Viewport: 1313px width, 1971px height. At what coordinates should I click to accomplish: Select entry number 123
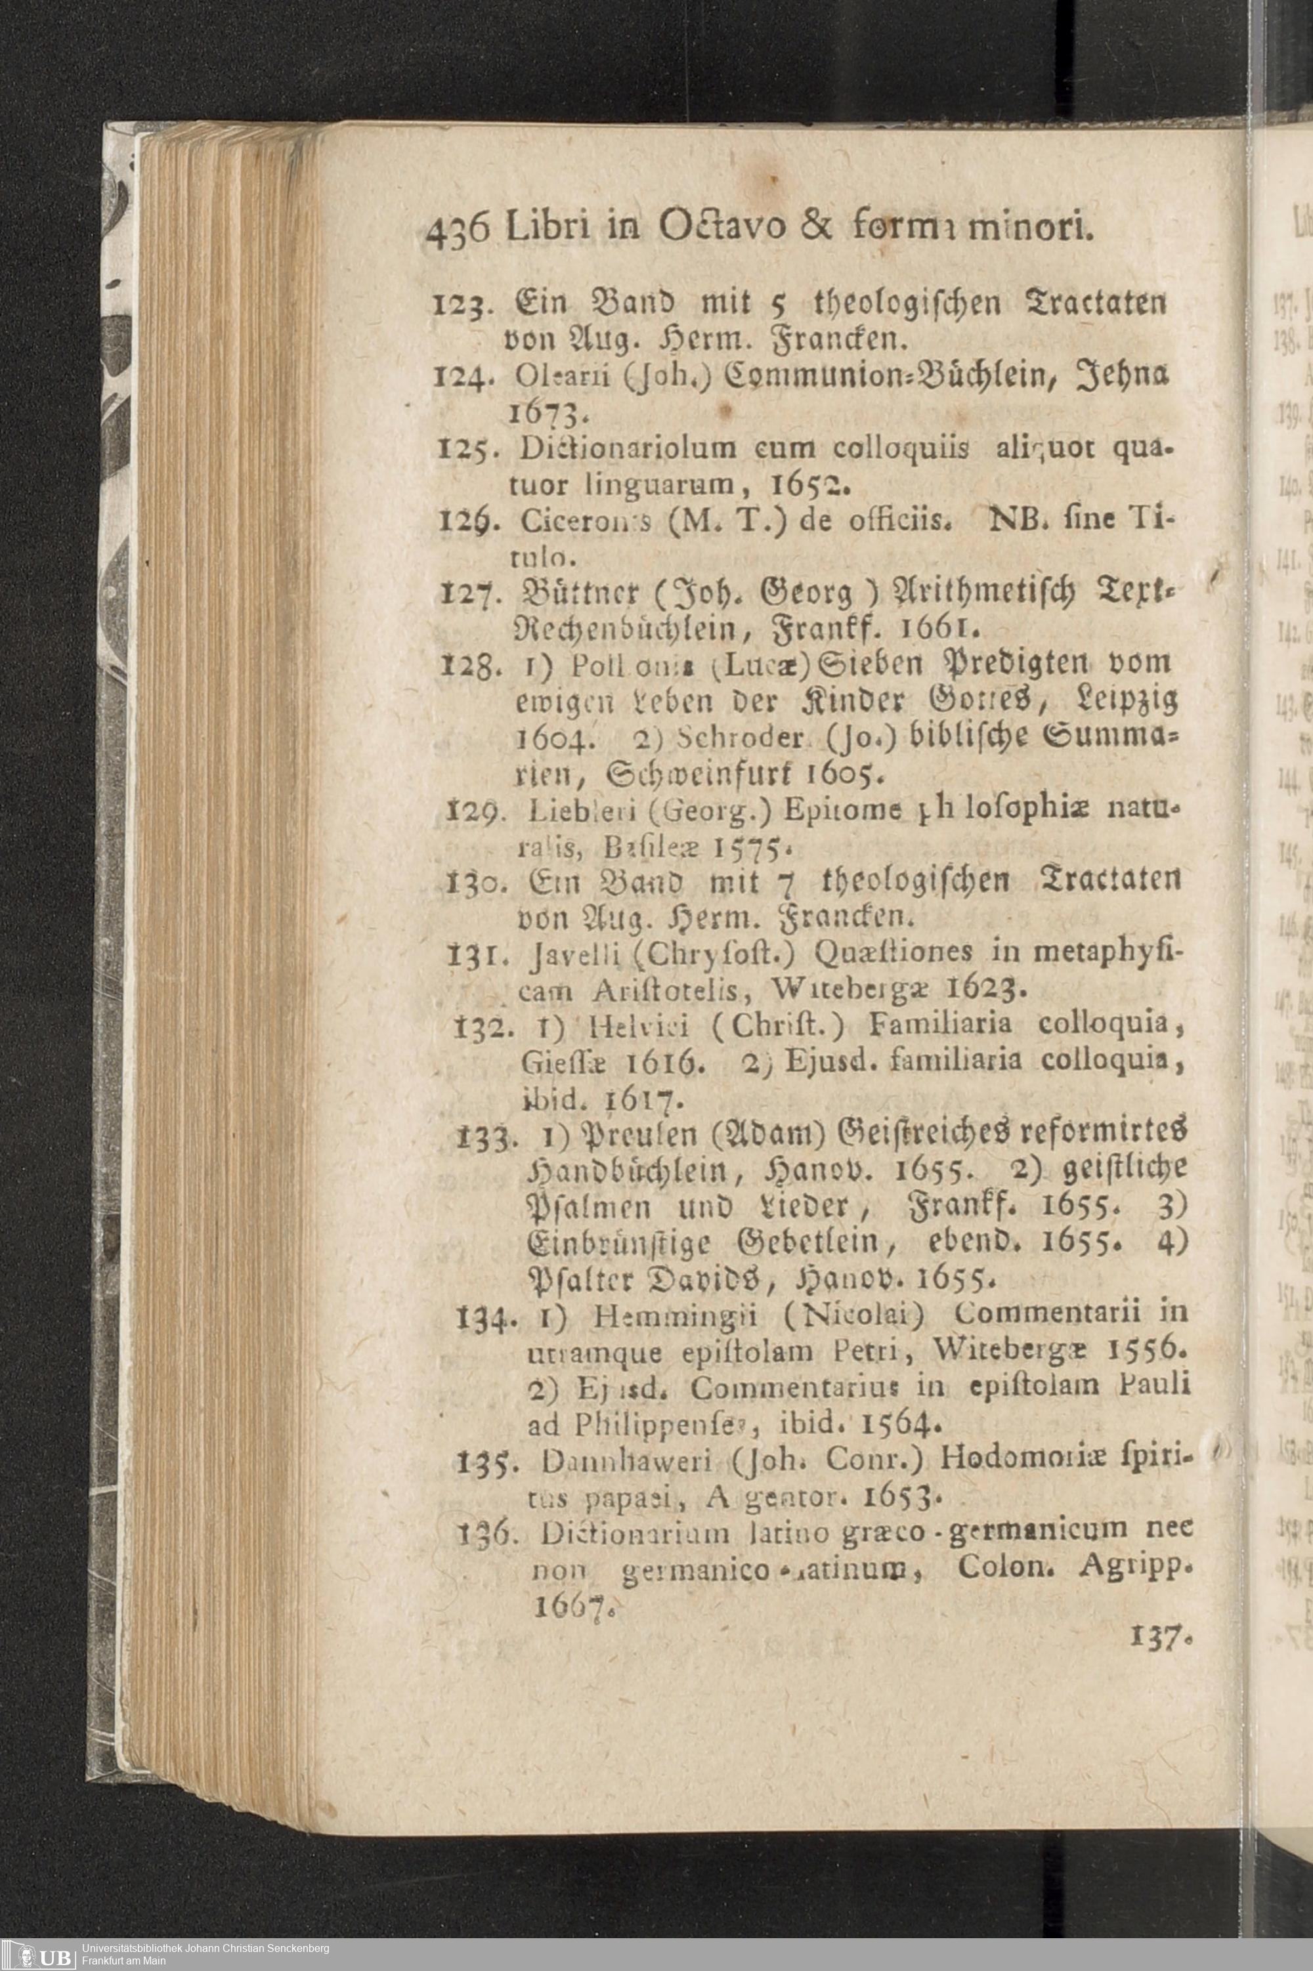(x=454, y=303)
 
